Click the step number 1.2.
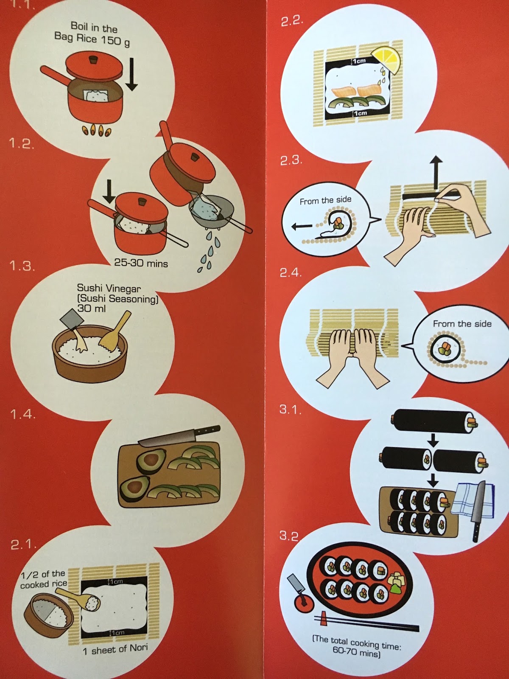pyautogui.click(x=22, y=143)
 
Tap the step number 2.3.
pyautogui.click(x=291, y=160)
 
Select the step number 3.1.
pyautogui.click(x=290, y=409)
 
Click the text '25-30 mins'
pyautogui.click(x=141, y=263)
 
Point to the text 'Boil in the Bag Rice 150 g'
pyautogui.click(x=92, y=34)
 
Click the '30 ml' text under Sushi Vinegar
pyautogui.click(x=91, y=308)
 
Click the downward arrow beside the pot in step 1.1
pyautogui.click(x=132, y=74)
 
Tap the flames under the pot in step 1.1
pyautogui.click(x=96, y=132)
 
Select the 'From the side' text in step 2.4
pyautogui.click(x=462, y=324)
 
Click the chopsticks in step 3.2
pyautogui.click(x=366, y=623)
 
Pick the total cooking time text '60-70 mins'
pyautogui.click(x=356, y=651)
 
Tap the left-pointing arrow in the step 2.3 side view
pyautogui.click(x=302, y=227)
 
